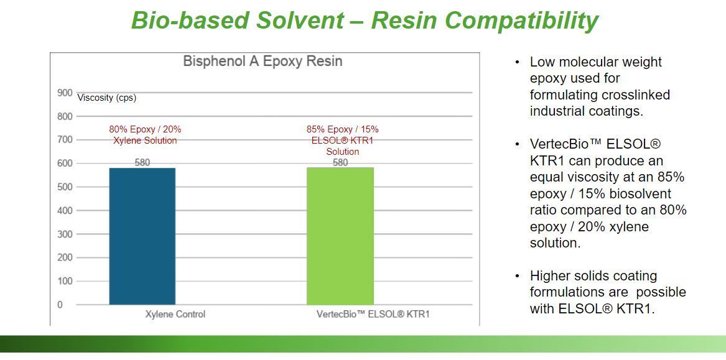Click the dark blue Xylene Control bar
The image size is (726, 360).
(142, 236)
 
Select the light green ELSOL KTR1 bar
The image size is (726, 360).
(340, 236)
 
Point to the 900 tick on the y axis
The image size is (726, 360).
(65, 93)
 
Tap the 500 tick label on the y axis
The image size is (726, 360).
(65, 187)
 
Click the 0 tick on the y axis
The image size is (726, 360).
(60, 305)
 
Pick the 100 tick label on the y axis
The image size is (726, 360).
(65, 281)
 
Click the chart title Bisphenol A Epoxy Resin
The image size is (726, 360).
(263, 62)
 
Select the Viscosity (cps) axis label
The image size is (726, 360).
(107, 98)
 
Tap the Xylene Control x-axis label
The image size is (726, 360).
(175, 314)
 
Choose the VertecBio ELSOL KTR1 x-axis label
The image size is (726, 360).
(373, 314)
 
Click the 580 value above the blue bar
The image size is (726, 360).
(142, 162)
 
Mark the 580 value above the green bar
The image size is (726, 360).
(340, 162)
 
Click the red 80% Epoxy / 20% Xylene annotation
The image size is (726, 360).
(145, 135)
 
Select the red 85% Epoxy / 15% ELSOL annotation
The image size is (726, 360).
(343, 140)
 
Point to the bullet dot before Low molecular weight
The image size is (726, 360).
(518, 62)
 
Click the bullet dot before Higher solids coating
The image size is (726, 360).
(518, 276)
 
